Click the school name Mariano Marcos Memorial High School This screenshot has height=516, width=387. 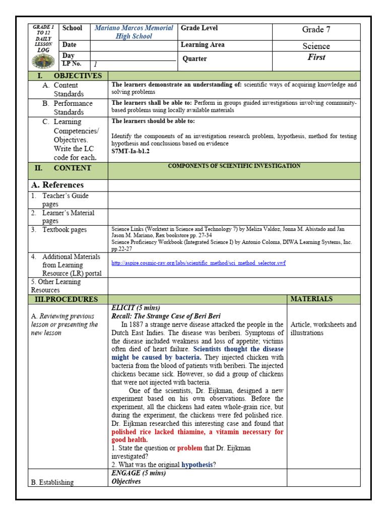point(134,32)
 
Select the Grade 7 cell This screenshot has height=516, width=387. point(316,30)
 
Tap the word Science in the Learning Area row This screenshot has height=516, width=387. point(316,46)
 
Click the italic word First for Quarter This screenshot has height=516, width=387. point(316,57)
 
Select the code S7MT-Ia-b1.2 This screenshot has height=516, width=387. point(131,151)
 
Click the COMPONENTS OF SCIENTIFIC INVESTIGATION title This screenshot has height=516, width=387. point(234,166)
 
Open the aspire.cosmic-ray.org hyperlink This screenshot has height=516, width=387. point(199,263)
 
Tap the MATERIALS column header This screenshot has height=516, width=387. point(311,299)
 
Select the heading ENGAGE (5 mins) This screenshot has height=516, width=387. point(139,473)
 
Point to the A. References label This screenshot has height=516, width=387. point(56,185)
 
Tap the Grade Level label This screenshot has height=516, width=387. point(199,28)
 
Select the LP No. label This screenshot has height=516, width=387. point(71,63)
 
